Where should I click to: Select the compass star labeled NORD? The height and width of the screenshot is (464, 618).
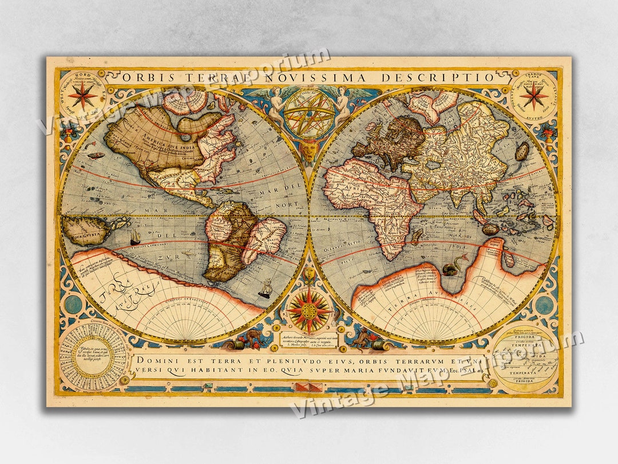pyautogui.click(x=82, y=96)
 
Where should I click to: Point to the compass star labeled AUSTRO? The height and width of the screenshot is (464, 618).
pyautogui.click(x=534, y=96)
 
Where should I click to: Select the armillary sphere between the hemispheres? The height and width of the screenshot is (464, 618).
pyautogui.click(x=310, y=113)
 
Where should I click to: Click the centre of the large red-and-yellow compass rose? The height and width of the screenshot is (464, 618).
pyautogui.click(x=309, y=311)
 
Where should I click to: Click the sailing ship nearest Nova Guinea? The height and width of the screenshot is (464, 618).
pyautogui.click(x=135, y=236)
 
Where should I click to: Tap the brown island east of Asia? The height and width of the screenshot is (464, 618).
pyautogui.click(x=522, y=151)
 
